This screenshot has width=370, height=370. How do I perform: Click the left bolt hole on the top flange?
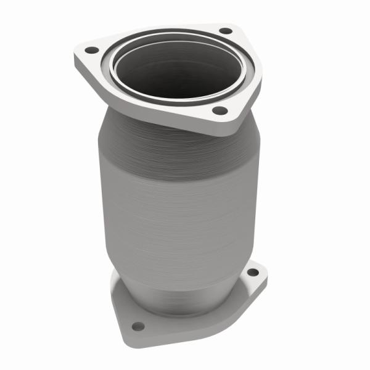point(91,49)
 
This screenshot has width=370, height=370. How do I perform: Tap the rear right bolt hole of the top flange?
point(226,30)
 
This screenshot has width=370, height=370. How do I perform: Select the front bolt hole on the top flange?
point(220,111)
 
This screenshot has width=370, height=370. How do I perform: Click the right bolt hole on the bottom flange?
point(252,272)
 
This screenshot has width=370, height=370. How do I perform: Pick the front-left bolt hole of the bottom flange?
point(138,326)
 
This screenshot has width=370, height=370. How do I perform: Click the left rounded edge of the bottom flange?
point(115,296)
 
